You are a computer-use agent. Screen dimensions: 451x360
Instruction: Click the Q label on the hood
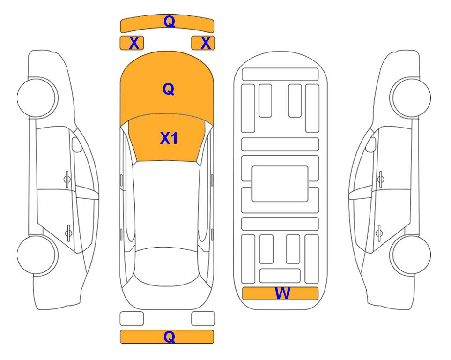point(169,89)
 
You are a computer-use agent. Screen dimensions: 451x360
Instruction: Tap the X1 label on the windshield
point(169,138)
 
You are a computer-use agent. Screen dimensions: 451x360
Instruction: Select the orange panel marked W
point(280,293)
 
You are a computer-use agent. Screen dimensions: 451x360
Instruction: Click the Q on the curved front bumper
point(169,22)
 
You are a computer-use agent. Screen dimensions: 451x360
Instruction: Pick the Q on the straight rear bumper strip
point(169,337)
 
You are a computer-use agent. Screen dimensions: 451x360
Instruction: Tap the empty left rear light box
point(132,319)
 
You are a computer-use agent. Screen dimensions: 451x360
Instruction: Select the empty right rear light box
point(203,319)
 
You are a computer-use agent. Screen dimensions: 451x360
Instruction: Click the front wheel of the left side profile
point(37,97)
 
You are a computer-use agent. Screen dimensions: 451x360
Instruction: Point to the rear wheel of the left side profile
point(37,255)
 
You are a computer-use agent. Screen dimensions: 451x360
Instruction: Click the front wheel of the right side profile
point(410,97)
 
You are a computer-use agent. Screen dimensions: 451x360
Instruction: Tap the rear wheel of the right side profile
point(410,255)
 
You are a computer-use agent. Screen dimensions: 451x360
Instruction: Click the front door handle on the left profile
point(67,180)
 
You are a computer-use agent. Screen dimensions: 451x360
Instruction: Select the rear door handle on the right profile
point(379,233)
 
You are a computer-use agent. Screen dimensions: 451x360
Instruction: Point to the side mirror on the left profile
point(77,144)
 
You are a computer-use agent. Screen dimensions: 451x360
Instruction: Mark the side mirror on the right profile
point(370,144)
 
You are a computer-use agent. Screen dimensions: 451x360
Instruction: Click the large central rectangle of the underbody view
point(280,184)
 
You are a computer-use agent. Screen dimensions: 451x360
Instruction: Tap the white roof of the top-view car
point(166,204)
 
